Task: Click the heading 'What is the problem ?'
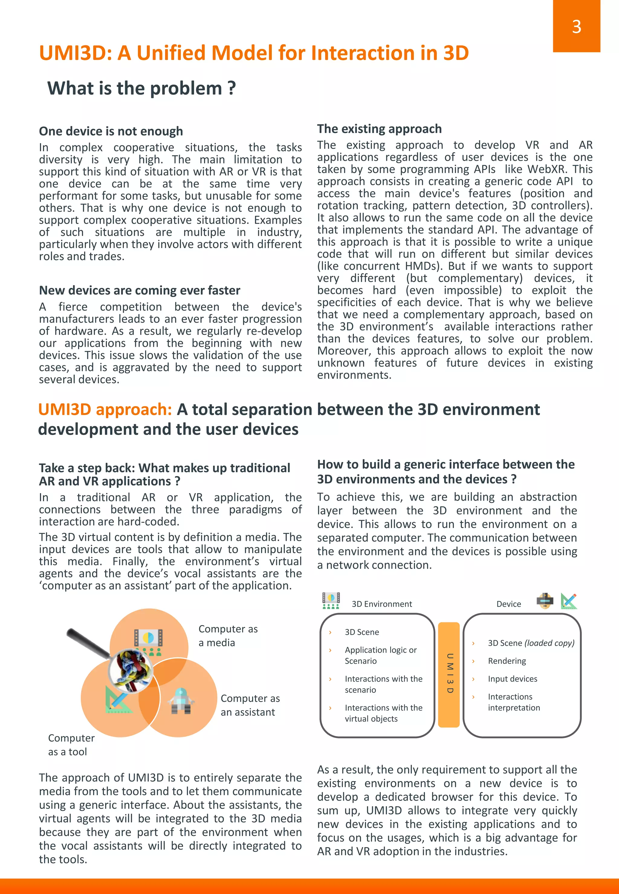[x=141, y=89]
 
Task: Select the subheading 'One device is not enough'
[x=111, y=131]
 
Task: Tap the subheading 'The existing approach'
[x=379, y=129]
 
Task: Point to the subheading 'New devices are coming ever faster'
[x=140, y=290]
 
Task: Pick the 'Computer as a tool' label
[x=71, y=744]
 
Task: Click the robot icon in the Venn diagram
[x=181, y=701]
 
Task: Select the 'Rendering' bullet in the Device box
[x=507, y=661]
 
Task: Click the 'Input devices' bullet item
[x=512, y=679]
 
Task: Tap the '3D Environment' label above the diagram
[x=382, y=604]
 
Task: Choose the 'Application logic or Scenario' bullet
[x=381, y=655]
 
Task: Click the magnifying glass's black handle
[x=88, y=642]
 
